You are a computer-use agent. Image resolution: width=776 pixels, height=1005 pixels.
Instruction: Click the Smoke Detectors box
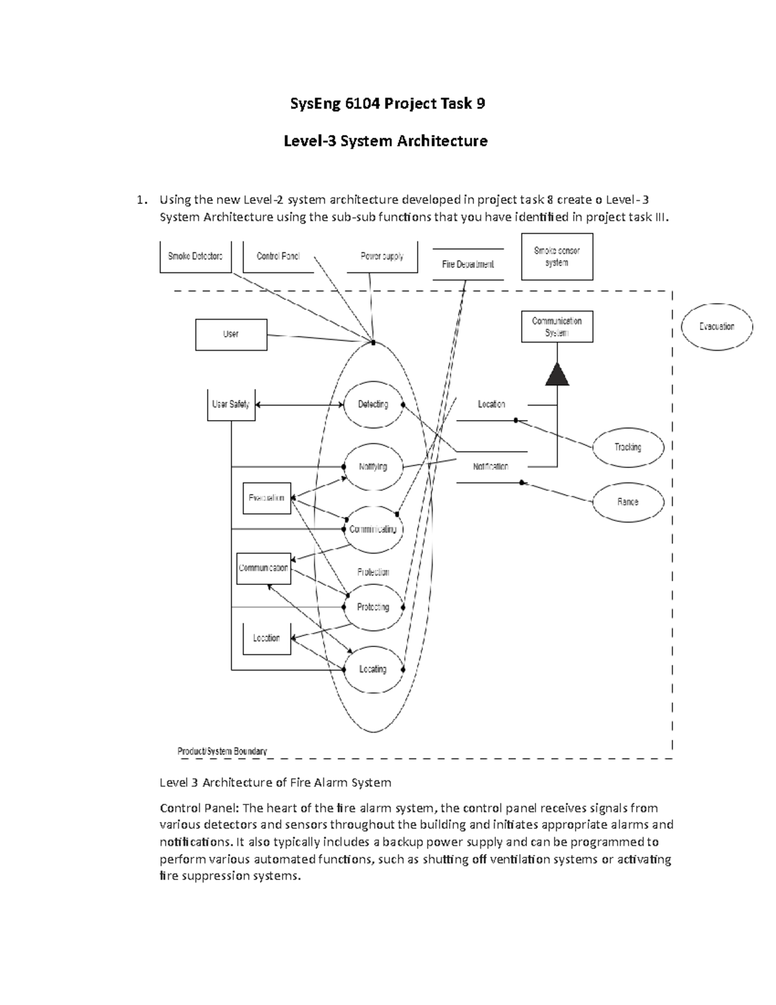[x=195, y=256]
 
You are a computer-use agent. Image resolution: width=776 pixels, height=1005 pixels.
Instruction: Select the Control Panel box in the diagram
[x=278, y=256]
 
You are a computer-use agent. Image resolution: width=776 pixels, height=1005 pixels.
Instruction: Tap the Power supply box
[x=382, y=256]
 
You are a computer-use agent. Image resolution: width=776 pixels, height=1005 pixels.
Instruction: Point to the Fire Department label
[x=468, y=264]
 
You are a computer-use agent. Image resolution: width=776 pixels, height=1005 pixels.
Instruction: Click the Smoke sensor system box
[x=557, y=257]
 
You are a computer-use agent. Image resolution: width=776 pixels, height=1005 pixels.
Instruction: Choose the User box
[x=231, y=335]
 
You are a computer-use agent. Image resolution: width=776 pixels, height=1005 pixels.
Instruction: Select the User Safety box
[x=231, y=404]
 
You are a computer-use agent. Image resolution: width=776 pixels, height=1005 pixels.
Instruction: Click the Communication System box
[x=557, y=327]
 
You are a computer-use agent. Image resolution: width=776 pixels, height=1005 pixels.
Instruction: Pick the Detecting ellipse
[x=373, y=404]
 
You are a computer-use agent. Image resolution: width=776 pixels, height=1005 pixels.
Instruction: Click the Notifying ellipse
[x=373, y=467]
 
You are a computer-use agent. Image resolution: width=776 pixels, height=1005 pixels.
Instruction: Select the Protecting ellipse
[x=373, y=607]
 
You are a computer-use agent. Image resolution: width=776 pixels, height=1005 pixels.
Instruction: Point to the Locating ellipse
[x=373, y=669]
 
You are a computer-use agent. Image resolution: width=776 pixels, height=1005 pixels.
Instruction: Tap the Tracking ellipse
[x=628, y=447]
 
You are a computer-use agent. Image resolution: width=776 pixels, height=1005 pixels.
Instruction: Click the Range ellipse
[x=628, y=502]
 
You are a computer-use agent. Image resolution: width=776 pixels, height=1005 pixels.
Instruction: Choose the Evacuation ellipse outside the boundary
[x=717, y=327]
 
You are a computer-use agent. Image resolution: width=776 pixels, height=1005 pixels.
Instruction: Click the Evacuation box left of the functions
[x=266, y=498]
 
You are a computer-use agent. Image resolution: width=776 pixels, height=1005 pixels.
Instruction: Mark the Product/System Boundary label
[x=222, y=751]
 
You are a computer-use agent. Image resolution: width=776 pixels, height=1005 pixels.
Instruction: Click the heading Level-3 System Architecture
[x=385, y=140]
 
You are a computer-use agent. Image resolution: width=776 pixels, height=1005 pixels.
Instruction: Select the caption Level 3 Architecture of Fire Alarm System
[x=275, y=782]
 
